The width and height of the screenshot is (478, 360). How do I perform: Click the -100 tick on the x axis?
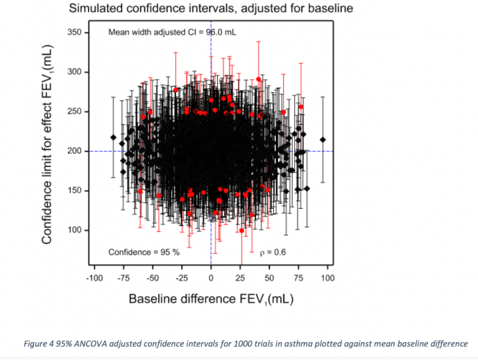[x=94, y=277]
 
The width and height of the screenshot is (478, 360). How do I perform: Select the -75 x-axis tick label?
[x=123, y=277]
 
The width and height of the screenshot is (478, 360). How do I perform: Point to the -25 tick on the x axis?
[x=182, y=277]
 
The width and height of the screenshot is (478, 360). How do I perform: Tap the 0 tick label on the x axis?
[x=211, y=277]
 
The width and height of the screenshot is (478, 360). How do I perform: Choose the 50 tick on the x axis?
[x=269, y=277]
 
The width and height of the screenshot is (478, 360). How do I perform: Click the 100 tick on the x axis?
[x=327, y=277]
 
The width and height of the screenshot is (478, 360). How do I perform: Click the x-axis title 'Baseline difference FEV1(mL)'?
[x=211, y=299]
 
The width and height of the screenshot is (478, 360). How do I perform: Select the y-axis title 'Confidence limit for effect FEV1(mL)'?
[x=48, y=141]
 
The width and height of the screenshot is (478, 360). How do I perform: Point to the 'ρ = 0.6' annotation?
[x=272, y=251]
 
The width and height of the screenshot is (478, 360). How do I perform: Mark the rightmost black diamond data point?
[x=323, y=139]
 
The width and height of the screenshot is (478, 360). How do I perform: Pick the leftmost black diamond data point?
[x=113, y=137]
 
